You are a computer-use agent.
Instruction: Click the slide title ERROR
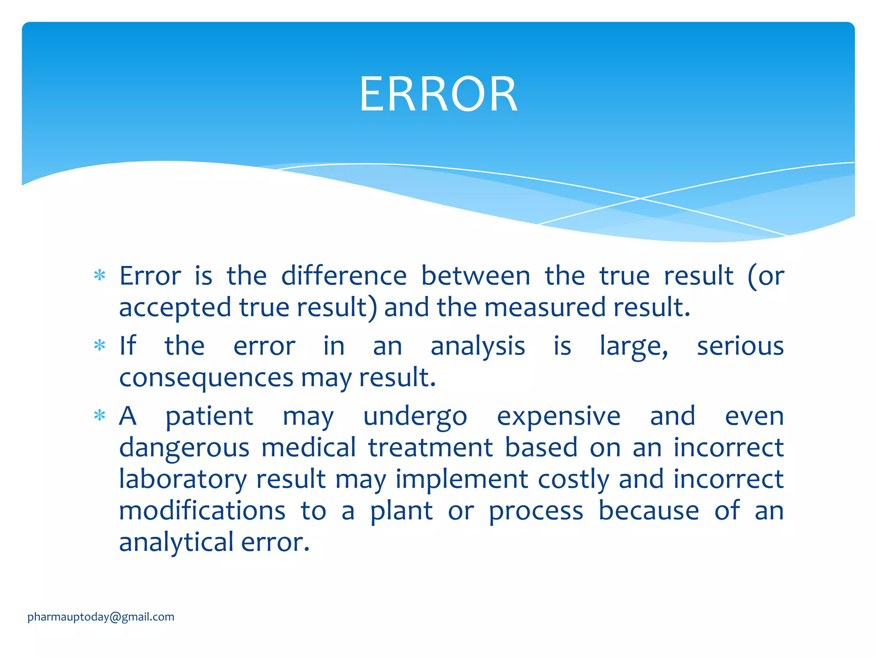click(x=438, y=94)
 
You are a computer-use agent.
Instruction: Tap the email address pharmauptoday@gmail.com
click(x=101, y=617)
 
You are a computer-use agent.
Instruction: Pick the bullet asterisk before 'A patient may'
click(x=100, y=415)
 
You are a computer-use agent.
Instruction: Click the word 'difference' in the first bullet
click(x=344, y=276)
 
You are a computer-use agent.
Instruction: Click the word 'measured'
click(x=545, y=308)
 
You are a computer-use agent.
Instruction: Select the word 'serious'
click(x=740, y=346)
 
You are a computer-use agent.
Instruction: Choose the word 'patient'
click(x=209, y=417)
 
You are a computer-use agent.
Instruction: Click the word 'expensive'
click(x=558, y=417)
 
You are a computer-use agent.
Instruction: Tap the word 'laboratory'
click(x=183, y=479)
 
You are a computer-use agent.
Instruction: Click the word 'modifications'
click(x=202, y=511)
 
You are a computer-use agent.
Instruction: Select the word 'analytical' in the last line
click(x=176, y=542)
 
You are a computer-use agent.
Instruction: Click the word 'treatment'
click(x=430, y=447)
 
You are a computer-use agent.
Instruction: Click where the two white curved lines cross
click(x=640, y=198)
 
